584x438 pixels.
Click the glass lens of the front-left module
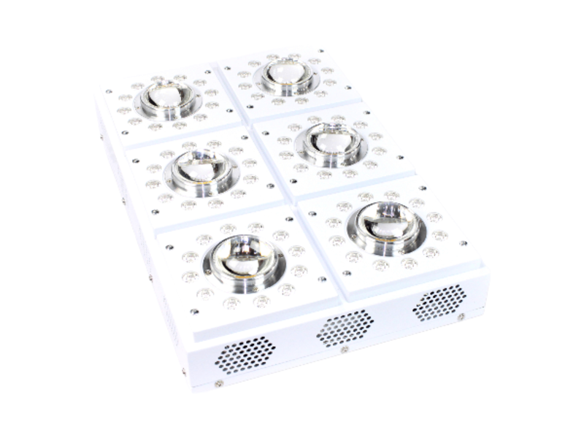[x=243, y=259]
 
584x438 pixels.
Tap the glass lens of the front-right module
[x=387, y=222]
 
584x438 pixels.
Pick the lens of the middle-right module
[x=331, y=142]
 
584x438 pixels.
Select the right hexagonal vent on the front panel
[x=439, y=301]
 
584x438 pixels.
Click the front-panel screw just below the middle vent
[x=344, y=349]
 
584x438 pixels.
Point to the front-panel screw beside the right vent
[x=461, y=316]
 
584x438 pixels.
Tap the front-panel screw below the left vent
[x=218, y=383]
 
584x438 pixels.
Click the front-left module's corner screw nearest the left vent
[x=194, y=312]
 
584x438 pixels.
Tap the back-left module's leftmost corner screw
[x=109, y=92]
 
